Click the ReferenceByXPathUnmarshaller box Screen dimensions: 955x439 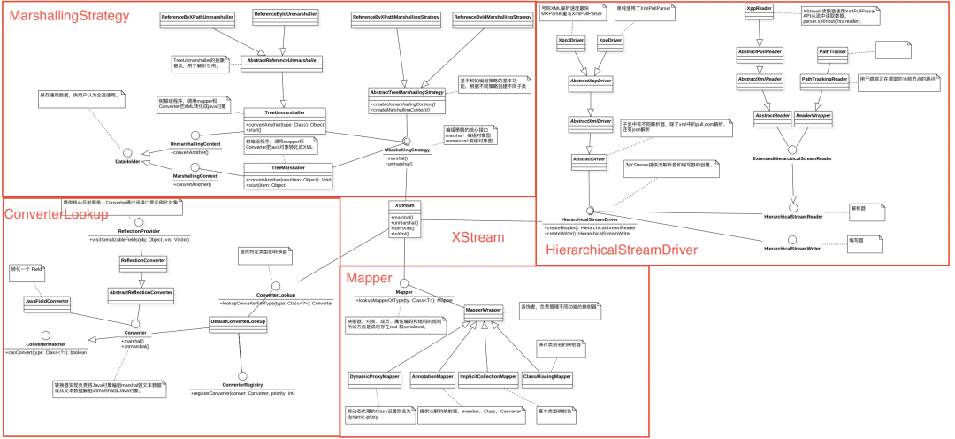pyautogui.click(x=197, y=17)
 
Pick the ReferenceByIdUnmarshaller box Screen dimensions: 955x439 pyautogui.click(x=286, y=14)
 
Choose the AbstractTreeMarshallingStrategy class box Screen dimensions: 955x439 pyautogui.click(x=406, y=100)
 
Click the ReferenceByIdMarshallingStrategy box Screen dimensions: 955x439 pyautogui.click(x=493, y=17)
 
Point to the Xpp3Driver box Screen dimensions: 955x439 pyautogui.click(x=571, y=41)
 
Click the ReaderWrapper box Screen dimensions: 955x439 pyautogui.click(x=814, y=115)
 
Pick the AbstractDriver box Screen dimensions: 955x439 pyautogui.click(x=589, y=159)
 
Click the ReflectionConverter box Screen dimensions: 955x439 pyautogui.click(x=143, y=260)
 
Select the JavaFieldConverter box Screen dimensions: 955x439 pyautogui.click(x=48, y=301)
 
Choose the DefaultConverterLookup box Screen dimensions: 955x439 pyautogui.click(x=238, y=321)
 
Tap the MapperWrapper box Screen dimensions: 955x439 pyautogui.click(x=484, y=311)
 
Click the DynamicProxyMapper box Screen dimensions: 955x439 pyautogui.click(x=374, y=376)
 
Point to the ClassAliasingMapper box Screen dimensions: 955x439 pyautogui.click(x=545, y=376)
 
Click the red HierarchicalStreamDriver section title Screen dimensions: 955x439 pyautogui.click(x=622, y=250)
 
